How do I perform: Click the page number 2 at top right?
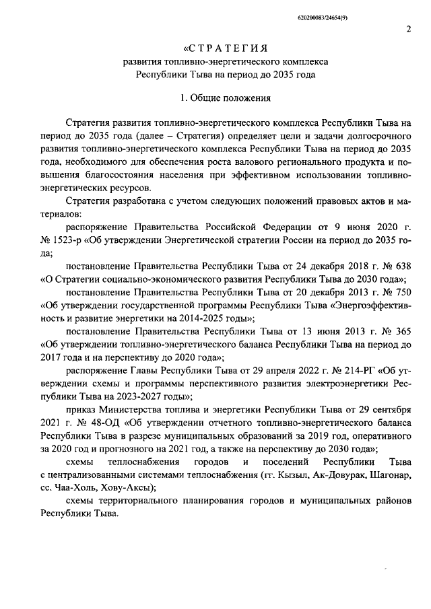tap(408, 28)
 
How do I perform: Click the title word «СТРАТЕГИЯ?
tap(226, 48)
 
